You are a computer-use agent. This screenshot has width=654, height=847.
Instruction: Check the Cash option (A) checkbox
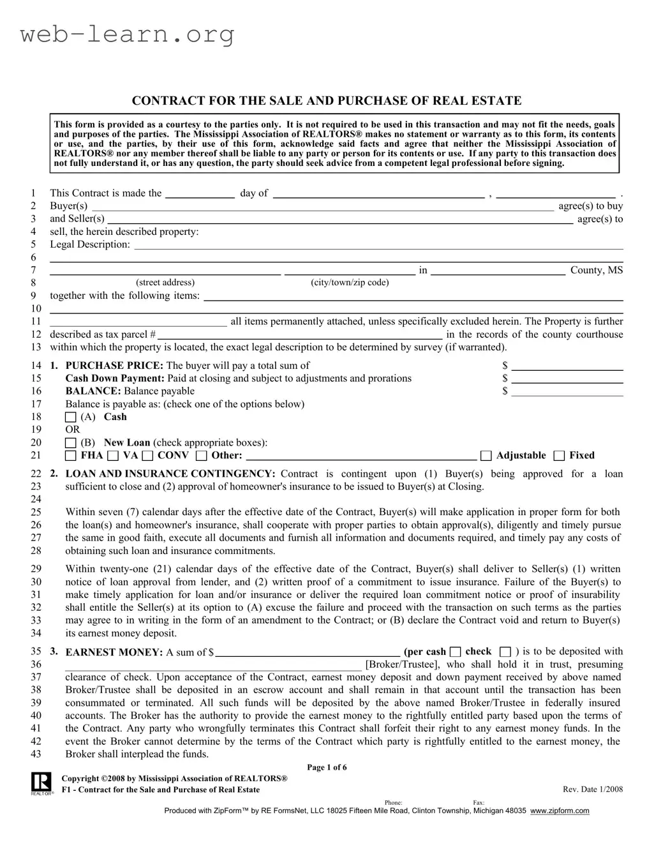point(71,417)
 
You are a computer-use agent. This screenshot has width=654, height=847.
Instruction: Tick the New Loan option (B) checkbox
point(71,443)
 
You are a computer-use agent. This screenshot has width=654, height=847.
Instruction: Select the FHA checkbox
point(71,456)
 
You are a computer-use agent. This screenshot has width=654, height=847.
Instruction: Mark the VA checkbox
point(113,456)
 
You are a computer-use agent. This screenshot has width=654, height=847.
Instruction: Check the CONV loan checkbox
point(147,456)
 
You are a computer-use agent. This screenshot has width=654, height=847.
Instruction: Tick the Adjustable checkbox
point(486,456)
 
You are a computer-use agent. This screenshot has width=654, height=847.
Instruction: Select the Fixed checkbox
point(559,456)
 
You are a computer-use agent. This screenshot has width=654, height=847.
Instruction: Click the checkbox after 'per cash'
point(455,652)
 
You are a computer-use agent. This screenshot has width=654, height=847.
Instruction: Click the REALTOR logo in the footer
point(41,783)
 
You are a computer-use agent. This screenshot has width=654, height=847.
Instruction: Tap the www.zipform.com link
point(560,811)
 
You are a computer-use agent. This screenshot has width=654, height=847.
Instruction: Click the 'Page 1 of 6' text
point(327,767)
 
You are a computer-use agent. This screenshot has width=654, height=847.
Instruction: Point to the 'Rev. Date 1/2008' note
point(592,790)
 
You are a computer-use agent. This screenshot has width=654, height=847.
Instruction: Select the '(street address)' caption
point(165,282)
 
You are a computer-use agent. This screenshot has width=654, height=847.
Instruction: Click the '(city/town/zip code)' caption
point(350,282)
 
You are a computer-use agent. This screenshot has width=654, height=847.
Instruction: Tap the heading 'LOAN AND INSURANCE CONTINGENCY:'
point(170,474)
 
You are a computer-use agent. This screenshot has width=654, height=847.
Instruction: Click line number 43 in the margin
point(36,754)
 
